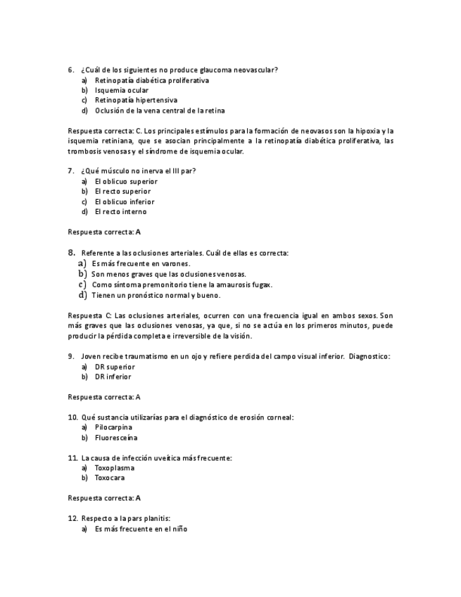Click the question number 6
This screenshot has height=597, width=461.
coord(71,70)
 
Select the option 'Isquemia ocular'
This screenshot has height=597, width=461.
coord(121,90)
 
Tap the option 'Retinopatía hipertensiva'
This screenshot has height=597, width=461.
coord(135,100)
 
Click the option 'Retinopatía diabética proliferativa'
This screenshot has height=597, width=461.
coord(151,80)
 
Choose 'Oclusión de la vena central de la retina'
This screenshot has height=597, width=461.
coord(160,111)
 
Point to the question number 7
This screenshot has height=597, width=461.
coord(71,171)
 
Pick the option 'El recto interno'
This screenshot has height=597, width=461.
coord(120,212)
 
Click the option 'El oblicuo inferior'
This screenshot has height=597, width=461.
coord(124,201)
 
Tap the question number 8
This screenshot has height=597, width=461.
coord(71,252)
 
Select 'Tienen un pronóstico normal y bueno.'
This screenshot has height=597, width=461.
coord(156,295)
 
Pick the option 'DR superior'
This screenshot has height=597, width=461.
coord(114,367)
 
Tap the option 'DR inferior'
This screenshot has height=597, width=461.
coord(113,377)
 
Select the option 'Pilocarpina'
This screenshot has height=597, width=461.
coord(113,427)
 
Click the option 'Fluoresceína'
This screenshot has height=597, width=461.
coord(115,438)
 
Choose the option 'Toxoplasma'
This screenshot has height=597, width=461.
coord(114,467)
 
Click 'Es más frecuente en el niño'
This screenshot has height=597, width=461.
coord(141,529)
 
